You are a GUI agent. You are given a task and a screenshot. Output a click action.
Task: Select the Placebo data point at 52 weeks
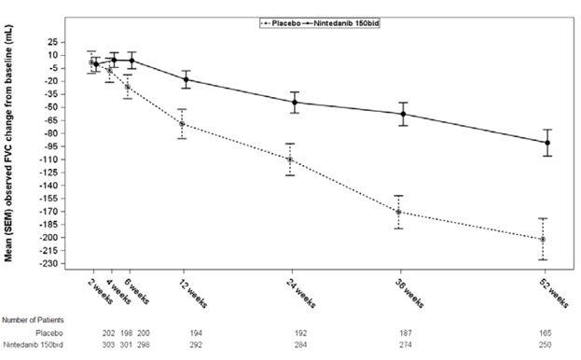click(x=543, y=240)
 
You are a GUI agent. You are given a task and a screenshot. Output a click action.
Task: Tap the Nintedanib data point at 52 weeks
click(x=546, y=143)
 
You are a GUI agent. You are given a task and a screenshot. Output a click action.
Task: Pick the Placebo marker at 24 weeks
click(x=290, y=159)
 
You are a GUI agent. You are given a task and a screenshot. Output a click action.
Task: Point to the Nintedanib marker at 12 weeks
click(x=187, y=79)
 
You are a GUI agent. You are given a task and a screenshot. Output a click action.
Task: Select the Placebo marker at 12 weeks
click(x=182, y=123)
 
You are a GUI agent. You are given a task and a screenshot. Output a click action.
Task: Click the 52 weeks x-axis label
click(x=554, y=291)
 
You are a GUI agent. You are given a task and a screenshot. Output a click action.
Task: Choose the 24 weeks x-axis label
click(x=301, y=291)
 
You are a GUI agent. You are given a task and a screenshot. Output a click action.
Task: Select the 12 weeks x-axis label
click(x=193, y=291)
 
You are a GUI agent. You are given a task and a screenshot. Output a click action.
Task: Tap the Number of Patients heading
click(x=32, y=319)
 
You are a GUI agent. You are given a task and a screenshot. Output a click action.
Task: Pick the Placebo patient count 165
click(x=545, y=332)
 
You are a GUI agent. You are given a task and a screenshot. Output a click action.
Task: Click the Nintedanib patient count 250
click(x=545, y=346)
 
